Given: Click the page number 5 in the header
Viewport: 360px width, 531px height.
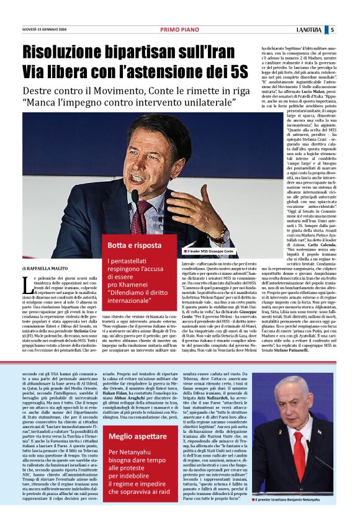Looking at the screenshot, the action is [332, 29].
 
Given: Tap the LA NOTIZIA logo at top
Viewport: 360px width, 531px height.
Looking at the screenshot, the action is [308, 29].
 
